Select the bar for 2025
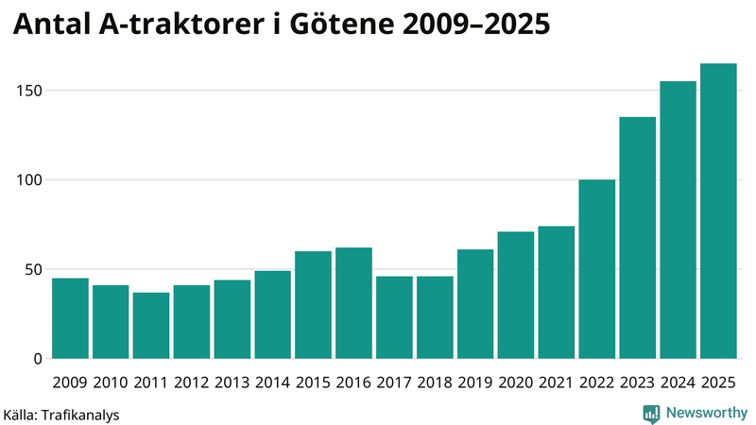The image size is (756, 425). point(718,212)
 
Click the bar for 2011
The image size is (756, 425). point(151,326)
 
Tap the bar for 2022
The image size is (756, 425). point(597,269)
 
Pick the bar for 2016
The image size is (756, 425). point(353,303)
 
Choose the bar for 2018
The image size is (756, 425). point(435,317)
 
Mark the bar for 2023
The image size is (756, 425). point(638,238)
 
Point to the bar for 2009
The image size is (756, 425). point(70,318)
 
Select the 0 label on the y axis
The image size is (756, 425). point(37,359)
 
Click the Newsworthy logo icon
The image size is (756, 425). point(651,413)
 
